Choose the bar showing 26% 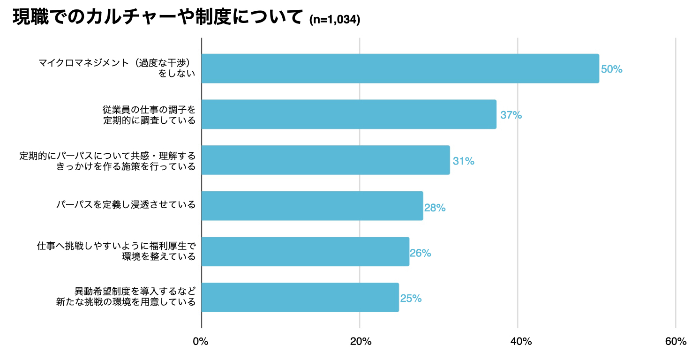click(x=305, y=252)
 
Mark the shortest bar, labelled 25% click(x=300, y=297)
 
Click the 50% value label click(x=611, y=69)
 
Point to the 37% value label click(x=511, y=115)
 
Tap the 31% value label click(x=463, y=161)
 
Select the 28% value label click(x=435, y=207)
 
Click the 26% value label click(x=420, y=253)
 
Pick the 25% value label click(x=411, y=299)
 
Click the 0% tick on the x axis click(x=201, y=342)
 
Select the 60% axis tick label click(x=676, y=342)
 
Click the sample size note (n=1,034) click(x=335, y=20)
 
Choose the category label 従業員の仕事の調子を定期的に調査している click(x=149, y=115)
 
